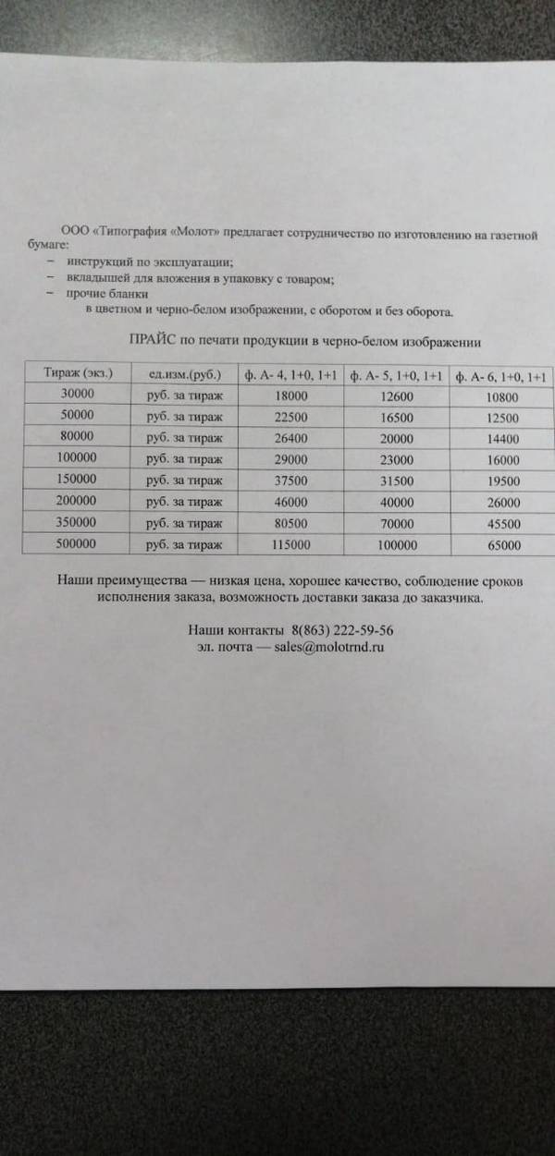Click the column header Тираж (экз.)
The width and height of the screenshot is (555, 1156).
tap(78, 373)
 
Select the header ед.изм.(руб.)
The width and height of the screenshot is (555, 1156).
tap(185, 374)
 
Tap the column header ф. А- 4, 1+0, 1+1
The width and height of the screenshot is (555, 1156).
tap(290, 376)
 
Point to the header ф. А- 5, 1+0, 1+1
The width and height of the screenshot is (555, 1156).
tap(397, 377)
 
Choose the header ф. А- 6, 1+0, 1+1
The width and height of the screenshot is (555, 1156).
tap(502, 378)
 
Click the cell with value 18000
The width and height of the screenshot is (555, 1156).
tap(290, 396)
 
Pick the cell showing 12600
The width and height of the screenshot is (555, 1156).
tap(397, 397)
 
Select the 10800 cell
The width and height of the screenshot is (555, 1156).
tap(502, 398)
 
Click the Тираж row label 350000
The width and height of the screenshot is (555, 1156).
tap(78, 522)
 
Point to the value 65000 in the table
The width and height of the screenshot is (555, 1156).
tap(502, 546)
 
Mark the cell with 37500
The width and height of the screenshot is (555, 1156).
tap(290, 481)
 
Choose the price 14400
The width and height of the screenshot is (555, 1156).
tap(502, 440)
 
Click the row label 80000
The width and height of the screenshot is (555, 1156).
tap(78, 436)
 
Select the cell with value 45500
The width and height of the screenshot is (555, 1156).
tap(502, 525)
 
